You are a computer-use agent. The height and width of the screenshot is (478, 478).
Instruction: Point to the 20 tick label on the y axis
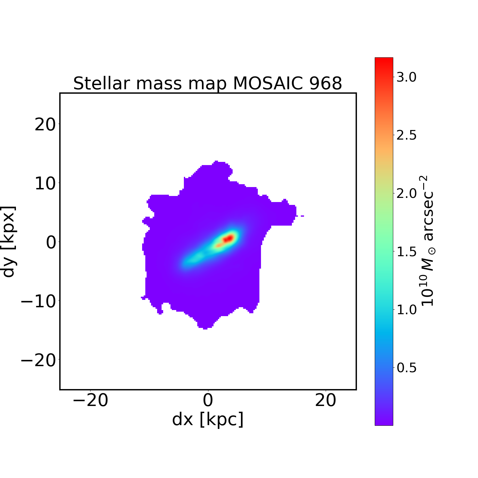(x=45, y=125)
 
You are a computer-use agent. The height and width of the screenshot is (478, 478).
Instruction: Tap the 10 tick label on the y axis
(x=45, y=184)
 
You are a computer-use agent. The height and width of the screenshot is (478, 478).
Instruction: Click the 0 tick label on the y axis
(x=51, y=243)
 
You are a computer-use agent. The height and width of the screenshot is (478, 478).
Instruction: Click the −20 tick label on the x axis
(x=91, y=401)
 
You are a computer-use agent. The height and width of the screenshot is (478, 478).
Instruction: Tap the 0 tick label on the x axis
(x=208, y=401)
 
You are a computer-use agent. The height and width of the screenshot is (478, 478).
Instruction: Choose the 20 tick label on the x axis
(x=326, y=401)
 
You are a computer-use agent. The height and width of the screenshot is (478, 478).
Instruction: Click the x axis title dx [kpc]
(x=208, y=419)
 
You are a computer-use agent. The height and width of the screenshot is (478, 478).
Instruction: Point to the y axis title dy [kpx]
(x=9, y=242)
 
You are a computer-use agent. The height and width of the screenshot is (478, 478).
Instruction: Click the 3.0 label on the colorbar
(x=406, y=77)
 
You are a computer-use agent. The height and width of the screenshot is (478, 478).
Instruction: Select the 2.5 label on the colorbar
(x=406, y=135)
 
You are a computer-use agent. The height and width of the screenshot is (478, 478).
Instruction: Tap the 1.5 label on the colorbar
(x=406, y=252)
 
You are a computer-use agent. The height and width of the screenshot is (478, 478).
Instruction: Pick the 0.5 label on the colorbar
(x=406, y=368)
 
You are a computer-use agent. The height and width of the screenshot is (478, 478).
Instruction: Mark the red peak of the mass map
(x=228, y=238)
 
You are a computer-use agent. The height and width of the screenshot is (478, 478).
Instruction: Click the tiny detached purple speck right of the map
(x=302, y=216)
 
